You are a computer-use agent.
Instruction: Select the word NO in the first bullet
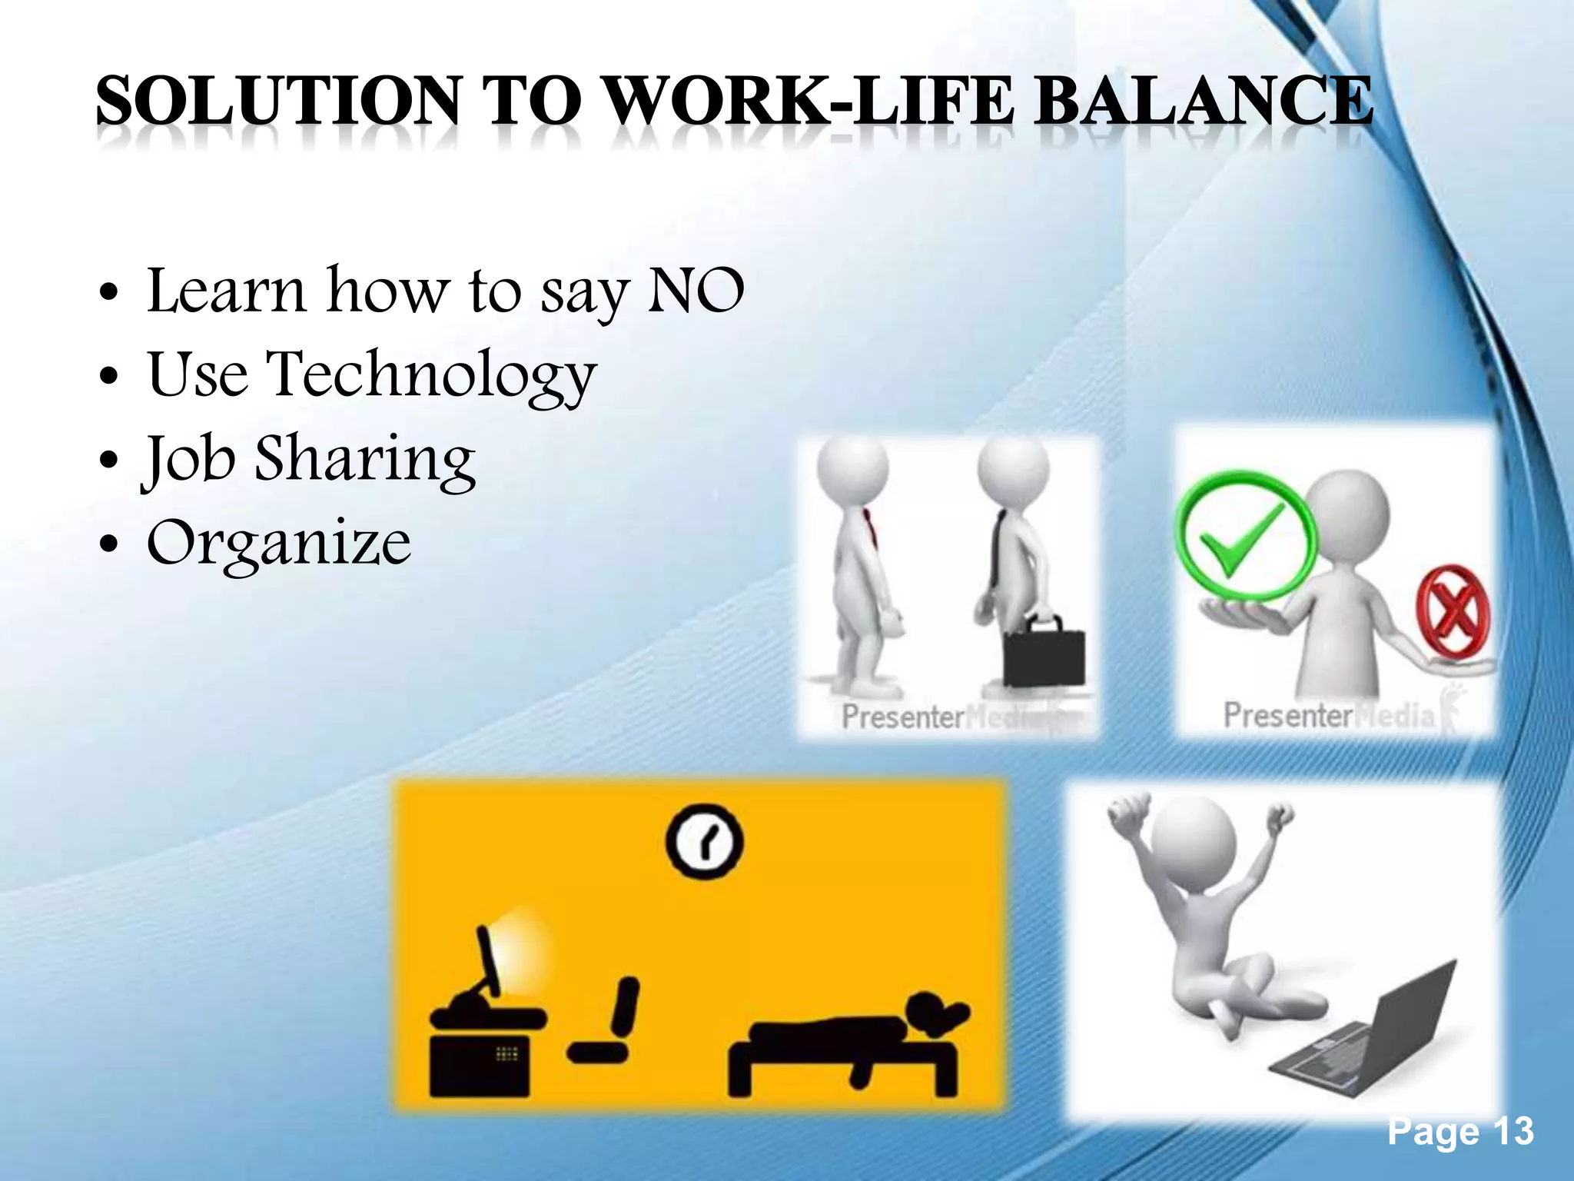coord(696,291)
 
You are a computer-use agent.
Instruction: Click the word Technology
coord(430,374)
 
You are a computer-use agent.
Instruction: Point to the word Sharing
coord(364,458)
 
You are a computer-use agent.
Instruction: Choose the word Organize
coord(278,543)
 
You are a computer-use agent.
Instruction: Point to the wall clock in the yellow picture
coord(704,841)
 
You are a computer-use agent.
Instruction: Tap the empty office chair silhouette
coord(611,1023)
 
